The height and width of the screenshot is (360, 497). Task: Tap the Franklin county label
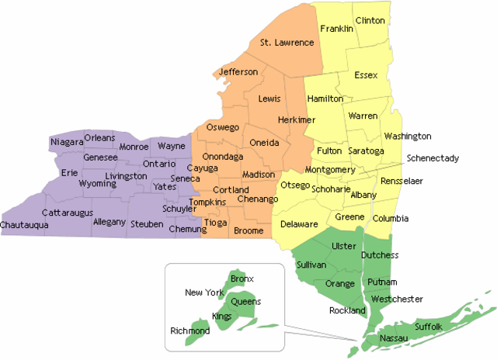coord(336,29)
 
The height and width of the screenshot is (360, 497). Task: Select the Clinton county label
coord(370,19)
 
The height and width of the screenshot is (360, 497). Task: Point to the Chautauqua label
coord(24,225)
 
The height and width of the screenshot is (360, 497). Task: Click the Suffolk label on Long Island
coord(429,327)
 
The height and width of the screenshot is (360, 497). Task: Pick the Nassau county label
coord(393,339)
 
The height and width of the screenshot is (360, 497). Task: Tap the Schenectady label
coord(433,158)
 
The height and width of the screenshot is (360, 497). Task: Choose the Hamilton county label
coord(325,99)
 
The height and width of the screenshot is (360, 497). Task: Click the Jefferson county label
coord(238,72)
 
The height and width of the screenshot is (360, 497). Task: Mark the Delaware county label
coord(299,224)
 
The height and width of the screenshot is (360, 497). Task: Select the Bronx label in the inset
coord(242,278)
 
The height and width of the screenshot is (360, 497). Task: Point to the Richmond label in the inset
coord(189,331)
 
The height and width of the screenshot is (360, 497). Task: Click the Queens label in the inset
coord(246,302)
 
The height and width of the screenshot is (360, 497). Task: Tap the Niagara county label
coord(66,142)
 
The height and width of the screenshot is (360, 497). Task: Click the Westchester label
coord(397,299)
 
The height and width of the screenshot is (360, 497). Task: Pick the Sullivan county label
coord(311,265)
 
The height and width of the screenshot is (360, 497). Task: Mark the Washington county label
coord(407,137)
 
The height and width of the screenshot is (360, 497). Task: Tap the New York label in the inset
coord(204,292)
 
